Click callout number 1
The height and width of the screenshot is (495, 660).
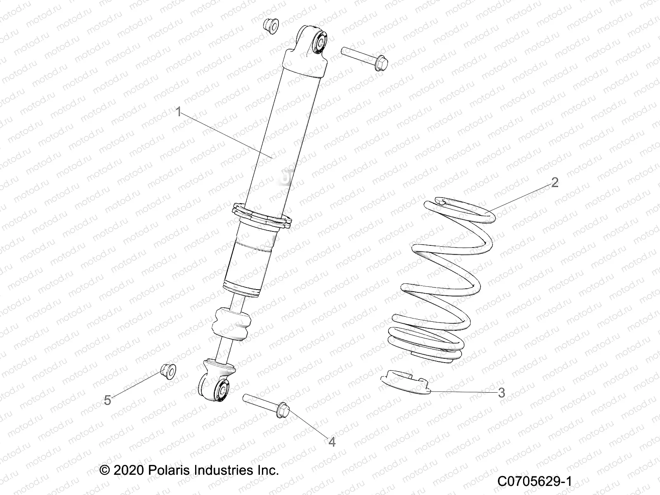pos(179,112)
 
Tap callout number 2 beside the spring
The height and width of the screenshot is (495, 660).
pos(555,182)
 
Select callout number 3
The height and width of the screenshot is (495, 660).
pos(502,393)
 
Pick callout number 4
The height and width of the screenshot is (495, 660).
pos(332,441)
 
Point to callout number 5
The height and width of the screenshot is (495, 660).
pos(107,400)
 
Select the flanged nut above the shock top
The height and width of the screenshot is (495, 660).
pos(271,26)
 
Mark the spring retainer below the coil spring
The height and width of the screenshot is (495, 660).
pos(404,383)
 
